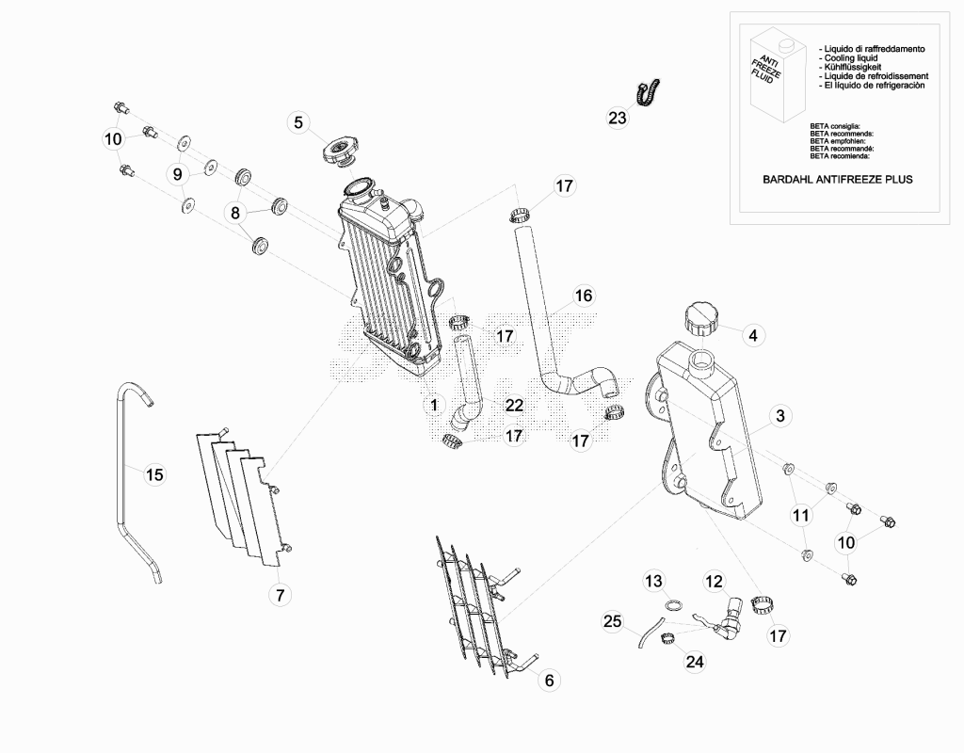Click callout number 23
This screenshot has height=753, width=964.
click(x=618, y=118)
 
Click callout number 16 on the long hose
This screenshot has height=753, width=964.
click(x=584, y=296)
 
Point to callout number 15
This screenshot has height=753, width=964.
click(x=155, y=474)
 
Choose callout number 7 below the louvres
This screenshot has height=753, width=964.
click(x=281, y=595)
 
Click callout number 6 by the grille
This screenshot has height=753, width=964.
click(x=549, y=680)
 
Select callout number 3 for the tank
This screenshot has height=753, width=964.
click(x=780, y=416)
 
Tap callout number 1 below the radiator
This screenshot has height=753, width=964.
click(x=434, y=405)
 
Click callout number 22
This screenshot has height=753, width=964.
click(x=514, y=405)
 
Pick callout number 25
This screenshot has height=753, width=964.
click(x=612, y=621)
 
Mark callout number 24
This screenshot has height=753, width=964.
click(x=695, y=662)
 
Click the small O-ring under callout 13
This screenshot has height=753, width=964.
click(x=674, y=606)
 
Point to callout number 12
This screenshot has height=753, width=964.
click(x=715, y=581)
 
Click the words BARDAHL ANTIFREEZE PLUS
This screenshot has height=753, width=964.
click(x=837, y=180)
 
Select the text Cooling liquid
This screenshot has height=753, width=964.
click(x=851, y=57)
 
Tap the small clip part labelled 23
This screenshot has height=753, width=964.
click(x=648, y=93)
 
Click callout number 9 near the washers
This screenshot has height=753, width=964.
click(x=178, y=174)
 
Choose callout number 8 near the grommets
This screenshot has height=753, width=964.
click(x=235, y=214)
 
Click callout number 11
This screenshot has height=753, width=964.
click(x=800, y=515)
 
